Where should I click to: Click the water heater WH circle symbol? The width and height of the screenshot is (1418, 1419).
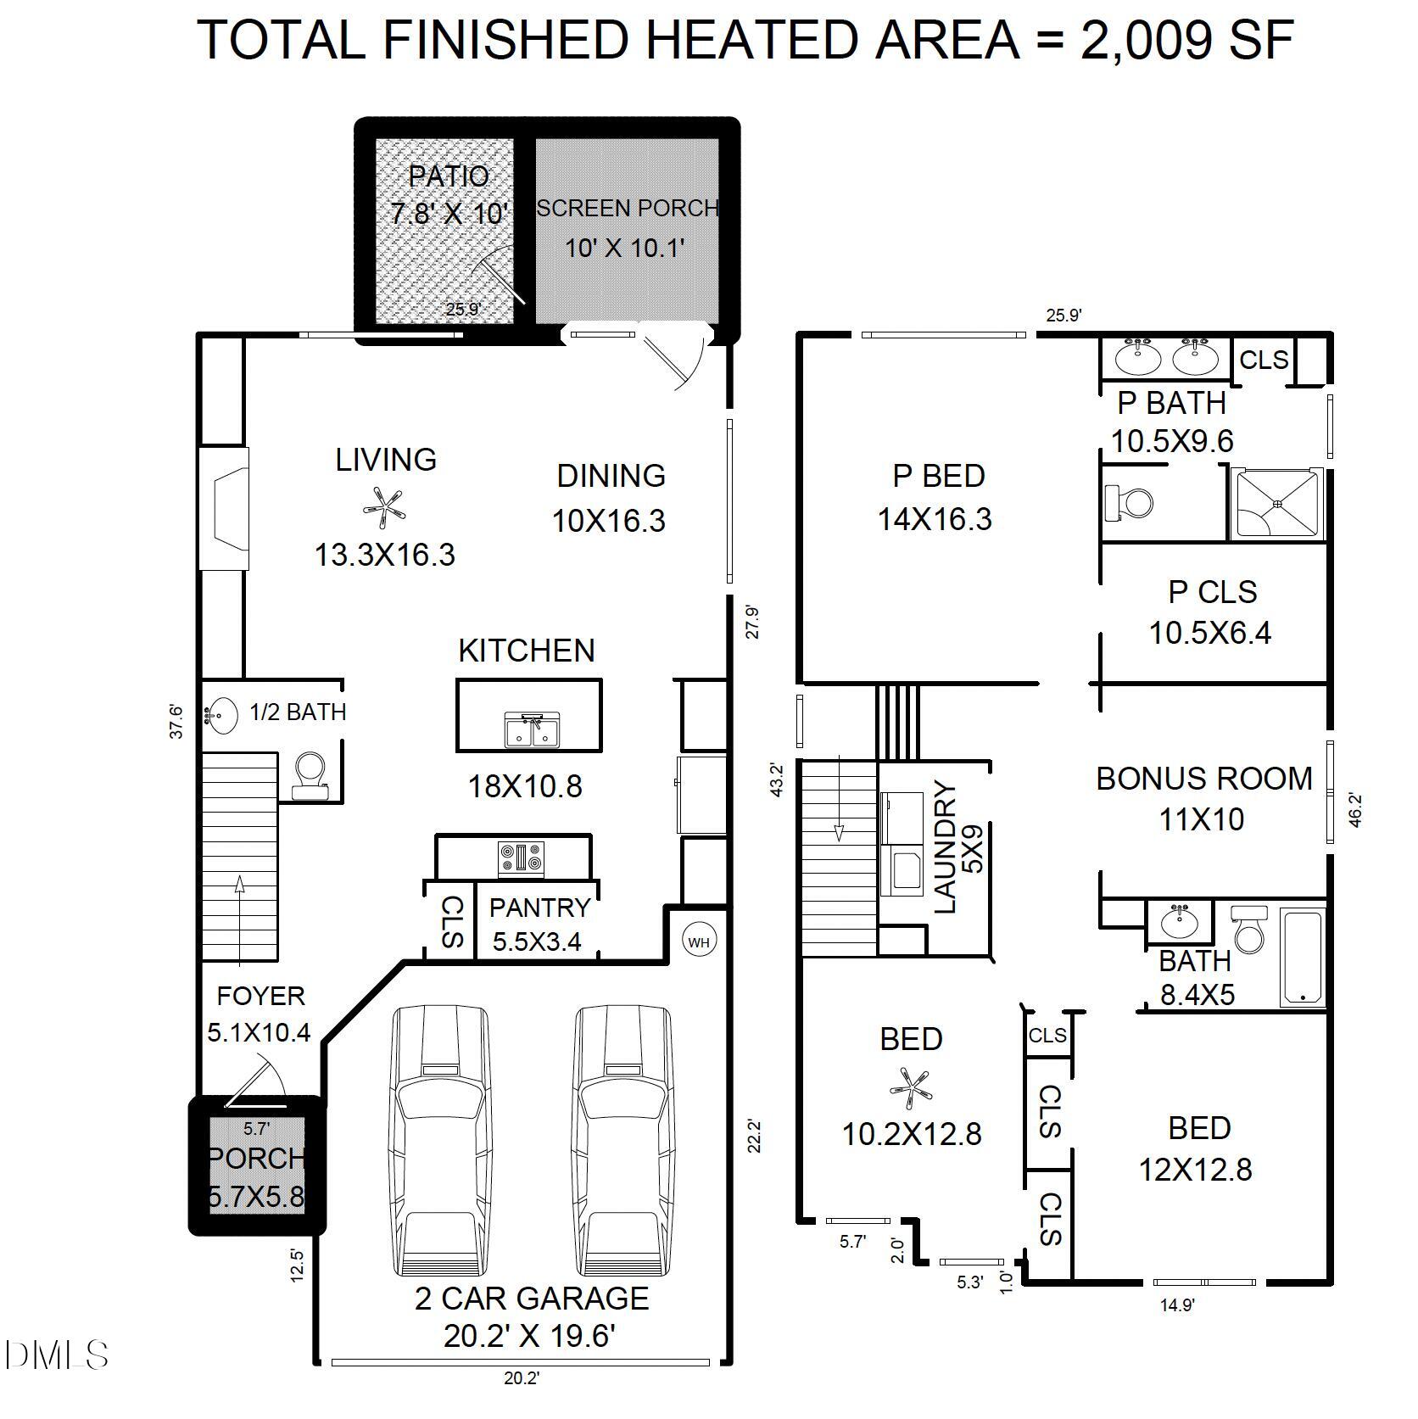(x=699, y=942)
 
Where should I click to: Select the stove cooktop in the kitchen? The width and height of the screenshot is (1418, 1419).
(x=521, y=858)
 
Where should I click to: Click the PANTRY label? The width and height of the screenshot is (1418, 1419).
(x=539, y=908)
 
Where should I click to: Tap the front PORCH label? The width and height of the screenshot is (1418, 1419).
(x=257, y=1158)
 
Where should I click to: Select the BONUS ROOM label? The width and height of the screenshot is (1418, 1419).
(x=1203, y=778)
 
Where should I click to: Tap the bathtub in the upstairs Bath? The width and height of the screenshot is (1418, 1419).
(x=1302, y=956)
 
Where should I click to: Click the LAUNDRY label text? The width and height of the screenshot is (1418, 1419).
(x=945, y=848)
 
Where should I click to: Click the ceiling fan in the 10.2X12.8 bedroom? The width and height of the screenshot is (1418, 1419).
(x=910, y=1087)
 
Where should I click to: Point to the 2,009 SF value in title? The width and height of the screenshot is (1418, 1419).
(x=1186, y=40)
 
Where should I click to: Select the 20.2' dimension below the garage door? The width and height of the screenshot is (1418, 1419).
(x=521, y=1402)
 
